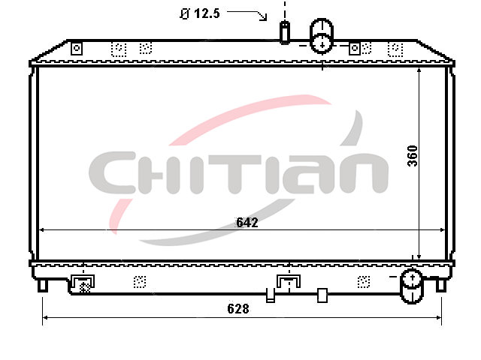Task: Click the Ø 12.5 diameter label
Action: click(200, 13)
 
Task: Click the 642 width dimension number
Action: click(247, 222)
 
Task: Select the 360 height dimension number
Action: click(413, 156)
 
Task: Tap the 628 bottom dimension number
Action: click(238, 308)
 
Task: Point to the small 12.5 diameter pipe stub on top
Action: click(285, 32)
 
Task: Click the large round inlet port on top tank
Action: click(322, 36)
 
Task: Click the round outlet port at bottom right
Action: click(412, 286)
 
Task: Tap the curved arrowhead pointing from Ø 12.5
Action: click(263, 17)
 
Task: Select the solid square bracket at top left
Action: click(77, 48)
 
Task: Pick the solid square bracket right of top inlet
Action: click(355, 48)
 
